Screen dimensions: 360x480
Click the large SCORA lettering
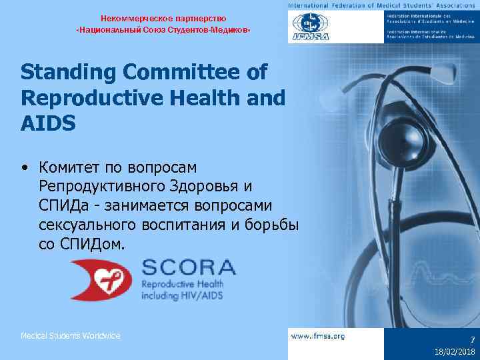click(188, 268)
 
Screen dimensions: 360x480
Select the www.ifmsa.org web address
click(318, 336)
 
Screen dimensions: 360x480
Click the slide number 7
click(471, 339)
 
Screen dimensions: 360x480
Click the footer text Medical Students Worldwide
click(70, 336)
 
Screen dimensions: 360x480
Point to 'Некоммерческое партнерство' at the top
click(163, 17)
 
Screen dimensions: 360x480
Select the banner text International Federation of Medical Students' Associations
click(383, 5)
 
